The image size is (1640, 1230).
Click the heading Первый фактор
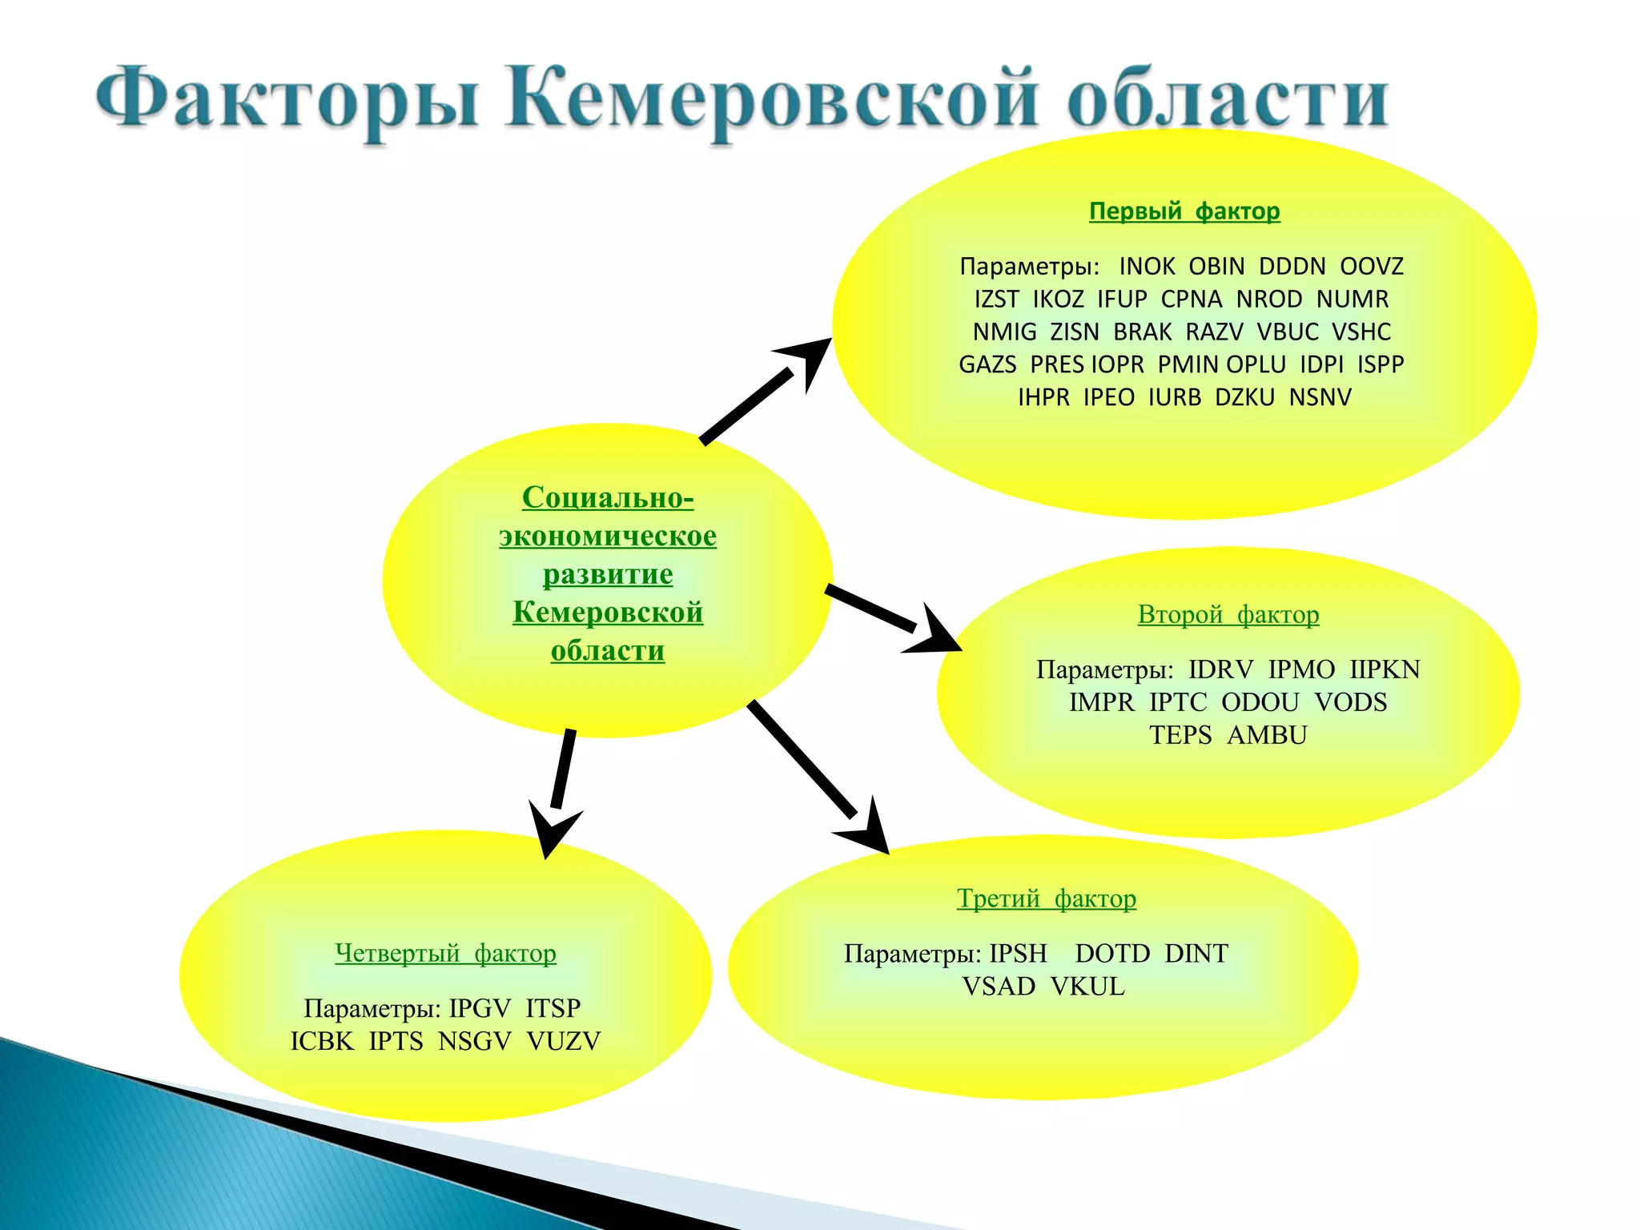1184,211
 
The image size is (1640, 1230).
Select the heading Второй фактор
1228,615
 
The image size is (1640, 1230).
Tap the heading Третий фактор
1046,898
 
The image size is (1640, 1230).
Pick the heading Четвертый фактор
445,953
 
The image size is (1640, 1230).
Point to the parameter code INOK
1147,267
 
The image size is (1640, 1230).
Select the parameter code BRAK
1143,332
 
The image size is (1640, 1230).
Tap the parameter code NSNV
1320,398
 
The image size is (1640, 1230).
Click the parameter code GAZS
987,365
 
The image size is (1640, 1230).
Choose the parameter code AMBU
1267,735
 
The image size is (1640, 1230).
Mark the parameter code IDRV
1220,669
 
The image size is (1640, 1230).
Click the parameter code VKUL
1087,987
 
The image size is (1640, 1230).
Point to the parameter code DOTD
1112,954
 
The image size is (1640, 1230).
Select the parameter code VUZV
563,1041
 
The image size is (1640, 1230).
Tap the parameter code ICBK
322,1041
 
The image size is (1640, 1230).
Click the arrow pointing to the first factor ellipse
761,392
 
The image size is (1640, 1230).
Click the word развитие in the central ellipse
608,574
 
